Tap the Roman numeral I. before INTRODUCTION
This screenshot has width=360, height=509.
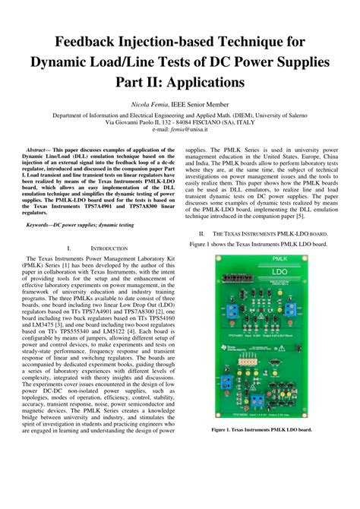tap(70, 248)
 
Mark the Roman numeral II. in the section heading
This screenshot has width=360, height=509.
tap(201, 234)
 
